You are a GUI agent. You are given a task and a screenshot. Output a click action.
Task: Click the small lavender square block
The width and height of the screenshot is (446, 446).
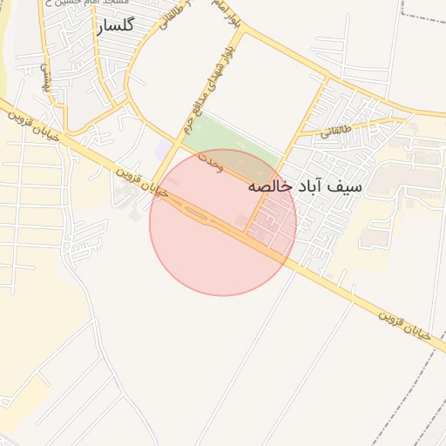point(163,151)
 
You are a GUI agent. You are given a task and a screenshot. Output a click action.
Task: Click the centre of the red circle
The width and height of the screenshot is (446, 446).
point(223,222)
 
